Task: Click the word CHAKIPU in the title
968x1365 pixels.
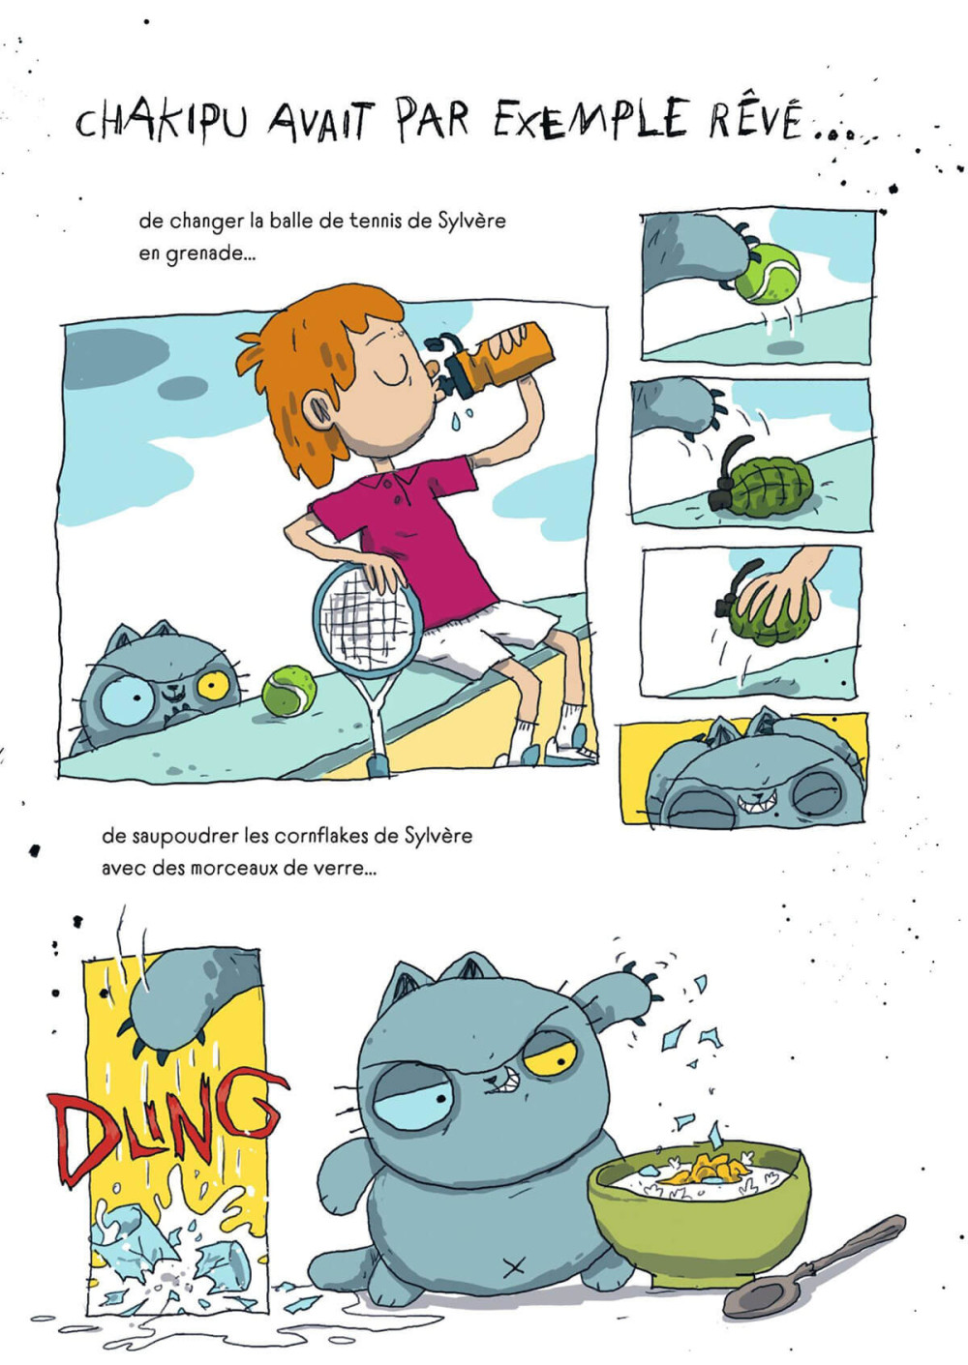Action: [162, 122]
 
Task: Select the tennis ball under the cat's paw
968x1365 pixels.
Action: [767, 274]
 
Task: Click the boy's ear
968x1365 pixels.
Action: [321, 408]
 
